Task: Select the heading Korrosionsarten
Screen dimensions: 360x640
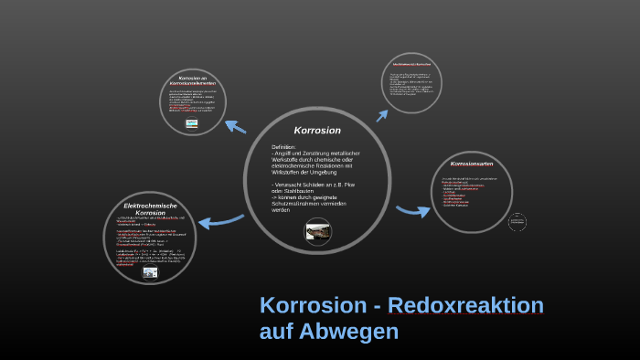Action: [x=472, y=163]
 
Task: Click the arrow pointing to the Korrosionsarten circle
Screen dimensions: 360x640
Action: [x=412, y=211]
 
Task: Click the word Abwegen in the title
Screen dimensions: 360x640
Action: [x=357, y=331]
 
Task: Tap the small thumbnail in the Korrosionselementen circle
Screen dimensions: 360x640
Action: [x=192, y=122]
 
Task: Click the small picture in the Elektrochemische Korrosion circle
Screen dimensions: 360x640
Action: [x=150, y=271]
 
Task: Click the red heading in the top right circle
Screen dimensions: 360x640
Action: [x=419, y=64]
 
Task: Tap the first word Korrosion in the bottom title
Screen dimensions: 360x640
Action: [x=309, y=306]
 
